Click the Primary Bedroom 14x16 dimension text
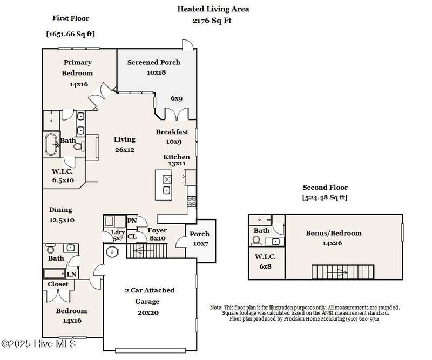click(x=79, y=84)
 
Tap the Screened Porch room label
click(x=154, y=62)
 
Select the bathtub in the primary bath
click(x=51, y=144)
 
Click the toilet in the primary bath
click(x=79, y=146)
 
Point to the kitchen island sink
click(x=166, y=190)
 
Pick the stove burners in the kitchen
click(x=192, y=202)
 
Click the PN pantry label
click(x=132, y=221)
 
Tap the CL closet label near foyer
click(x=132, y=236)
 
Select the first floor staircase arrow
click(x=144, y=251)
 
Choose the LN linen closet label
click(x=72, y=274)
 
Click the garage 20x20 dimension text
click(x=148, y=313)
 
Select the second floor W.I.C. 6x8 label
click(x=265, y=262)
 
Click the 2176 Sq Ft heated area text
click(x=212, y=21)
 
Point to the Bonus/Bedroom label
click(x=334, y=233)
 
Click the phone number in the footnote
click(x=362, y=319)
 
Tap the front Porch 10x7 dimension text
click(x=200, y=244)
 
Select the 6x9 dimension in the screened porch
click(x=177, y=98)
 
